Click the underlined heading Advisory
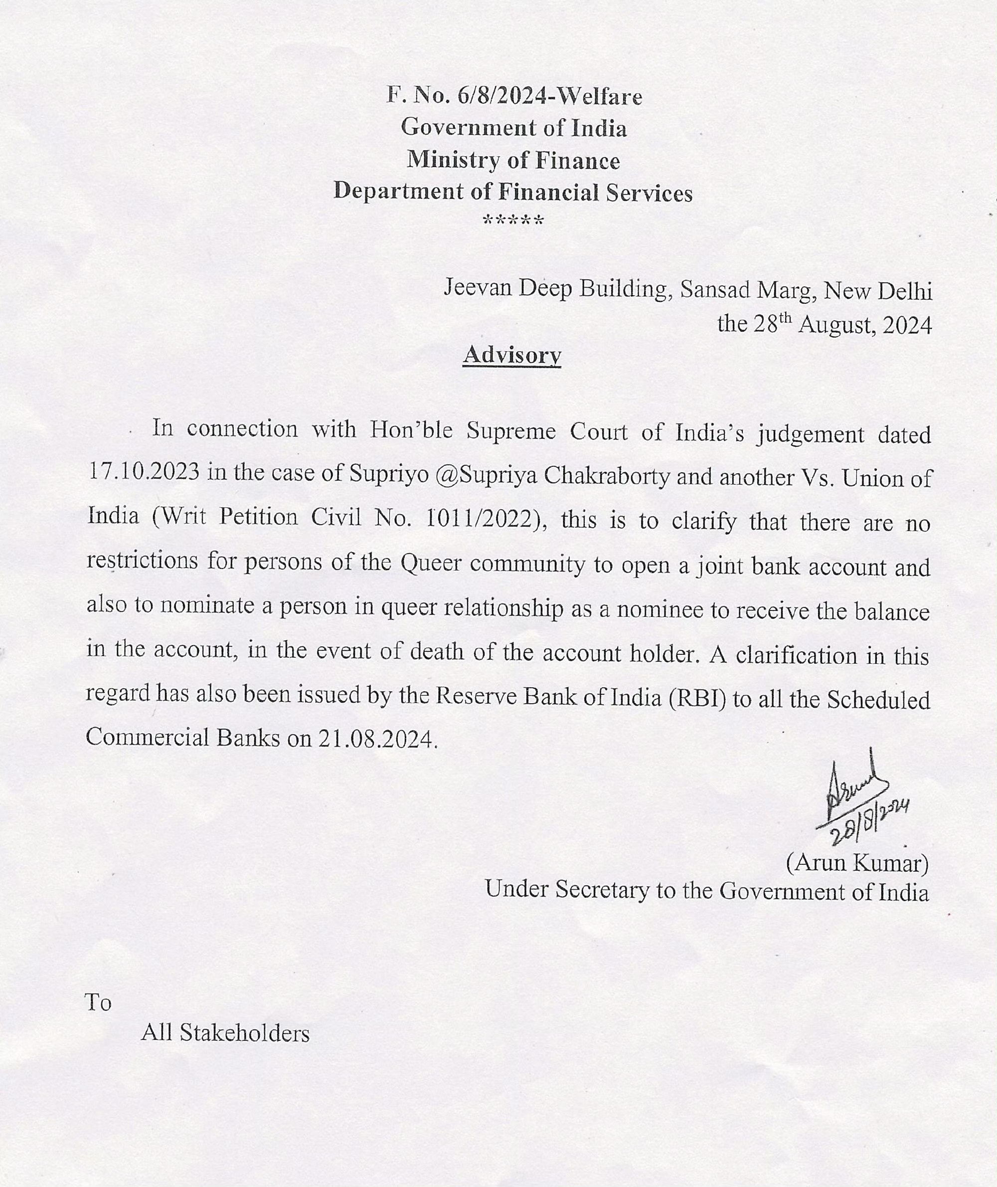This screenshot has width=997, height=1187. [x=511, y=355]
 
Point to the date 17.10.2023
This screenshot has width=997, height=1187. [x=144, y=472]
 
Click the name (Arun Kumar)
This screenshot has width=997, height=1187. [x=857, y=863]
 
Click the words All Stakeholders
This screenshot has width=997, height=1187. [x=225, y=1033]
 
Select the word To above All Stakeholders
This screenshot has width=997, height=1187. [x=98, y=1002]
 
